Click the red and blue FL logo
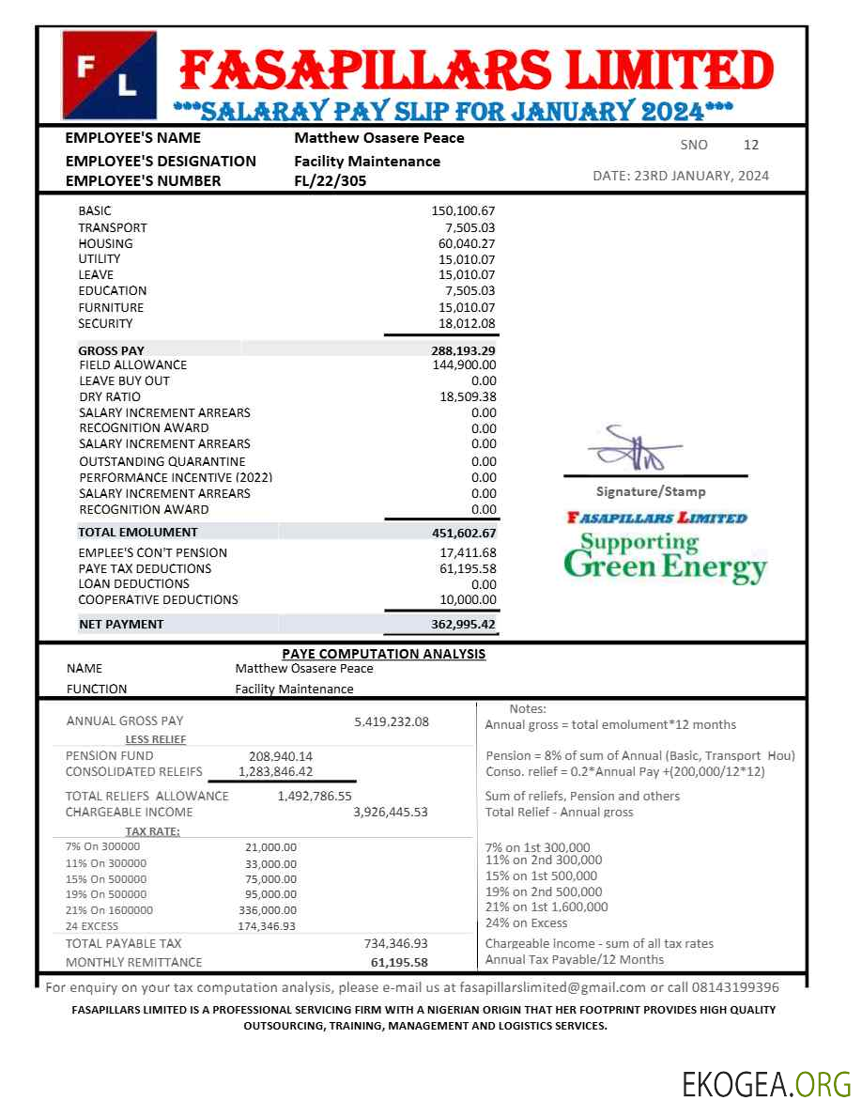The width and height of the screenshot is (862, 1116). click(x=109, y=75)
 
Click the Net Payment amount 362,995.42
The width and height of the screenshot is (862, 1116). click(x=457, y=624)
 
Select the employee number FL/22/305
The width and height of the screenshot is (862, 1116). click(x=331, y=181)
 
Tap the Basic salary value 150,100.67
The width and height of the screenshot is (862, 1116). click(x=463, y=210)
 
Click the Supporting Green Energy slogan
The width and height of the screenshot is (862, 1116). click(x=665, y=556)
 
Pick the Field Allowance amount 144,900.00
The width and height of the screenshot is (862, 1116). click(x=463, y=364)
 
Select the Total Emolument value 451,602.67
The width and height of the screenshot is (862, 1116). click(x=457, y=533)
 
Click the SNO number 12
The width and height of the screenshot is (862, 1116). click(x=750, y=145)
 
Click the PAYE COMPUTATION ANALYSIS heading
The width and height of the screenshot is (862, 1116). click(x=384, y=654)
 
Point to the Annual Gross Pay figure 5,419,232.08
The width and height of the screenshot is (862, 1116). click(x=392, y=721)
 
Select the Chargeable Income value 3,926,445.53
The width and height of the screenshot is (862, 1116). click(x=390, y=812)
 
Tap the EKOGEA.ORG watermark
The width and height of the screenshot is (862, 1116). click(x=766, y=1084)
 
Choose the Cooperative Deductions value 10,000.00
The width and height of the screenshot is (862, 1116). click(x=468, y=599)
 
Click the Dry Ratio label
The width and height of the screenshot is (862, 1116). click(x=110, y=396)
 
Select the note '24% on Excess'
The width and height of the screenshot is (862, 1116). click(x=526, y=922)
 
